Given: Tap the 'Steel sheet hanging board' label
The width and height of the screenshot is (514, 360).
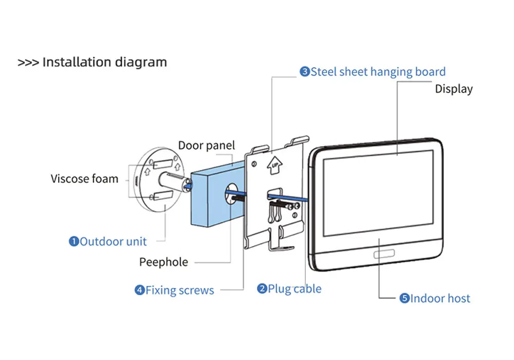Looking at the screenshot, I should coord(378,71).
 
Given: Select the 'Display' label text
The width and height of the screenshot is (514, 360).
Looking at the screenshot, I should coord(454,88).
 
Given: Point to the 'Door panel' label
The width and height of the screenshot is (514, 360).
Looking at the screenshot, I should coord(206,146).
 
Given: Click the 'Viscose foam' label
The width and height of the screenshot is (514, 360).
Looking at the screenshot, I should coord(84,179).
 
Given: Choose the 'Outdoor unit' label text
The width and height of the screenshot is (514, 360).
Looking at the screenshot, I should coord(113,241).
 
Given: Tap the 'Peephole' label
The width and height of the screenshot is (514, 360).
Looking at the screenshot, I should coord(163,262).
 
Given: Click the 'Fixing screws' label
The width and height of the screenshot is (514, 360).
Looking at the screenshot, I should coord(179,290).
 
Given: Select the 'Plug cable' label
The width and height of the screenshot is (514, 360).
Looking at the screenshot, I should coord(295,289).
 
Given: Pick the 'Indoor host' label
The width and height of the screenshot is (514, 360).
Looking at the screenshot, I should coord(440,298).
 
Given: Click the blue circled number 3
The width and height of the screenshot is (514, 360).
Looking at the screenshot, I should coord(305,72).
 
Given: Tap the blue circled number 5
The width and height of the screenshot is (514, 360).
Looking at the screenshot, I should coord(405,298).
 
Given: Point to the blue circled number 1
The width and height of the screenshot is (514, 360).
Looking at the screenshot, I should coord(74,241).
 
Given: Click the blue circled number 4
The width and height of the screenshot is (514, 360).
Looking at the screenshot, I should coord(139,290).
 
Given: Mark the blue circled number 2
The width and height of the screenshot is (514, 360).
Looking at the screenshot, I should coord(262,289).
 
